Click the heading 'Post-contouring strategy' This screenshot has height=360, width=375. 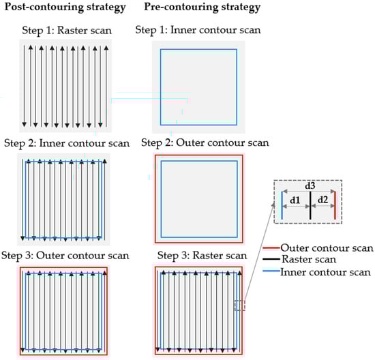click(65, 7)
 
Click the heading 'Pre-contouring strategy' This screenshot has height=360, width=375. click(202, 7)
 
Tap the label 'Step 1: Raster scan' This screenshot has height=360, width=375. click(67, 31)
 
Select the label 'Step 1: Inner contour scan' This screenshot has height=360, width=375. click(198, 30)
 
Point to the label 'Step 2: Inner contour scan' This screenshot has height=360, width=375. click(67, 143)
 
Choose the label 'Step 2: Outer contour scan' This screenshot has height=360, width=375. click(205, 142)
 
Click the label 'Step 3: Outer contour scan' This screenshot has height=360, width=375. click(65, 256)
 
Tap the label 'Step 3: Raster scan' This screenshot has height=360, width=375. click(202, 256)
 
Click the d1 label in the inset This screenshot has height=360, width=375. click(295, 200)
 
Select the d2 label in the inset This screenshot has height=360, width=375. click(322, 200)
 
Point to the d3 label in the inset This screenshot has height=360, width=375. click(310, 186)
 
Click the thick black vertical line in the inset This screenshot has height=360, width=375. click(310, 205)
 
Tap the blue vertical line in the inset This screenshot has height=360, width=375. click(282, 205)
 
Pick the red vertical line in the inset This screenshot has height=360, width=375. click(335, 205)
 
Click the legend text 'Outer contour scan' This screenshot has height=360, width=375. click(327, 248)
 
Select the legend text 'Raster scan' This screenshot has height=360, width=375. click(309, 259)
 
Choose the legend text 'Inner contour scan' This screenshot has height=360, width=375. click(325, 272)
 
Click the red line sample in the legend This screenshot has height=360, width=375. click(271, 248)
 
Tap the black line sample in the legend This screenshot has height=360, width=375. click(271, 259)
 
